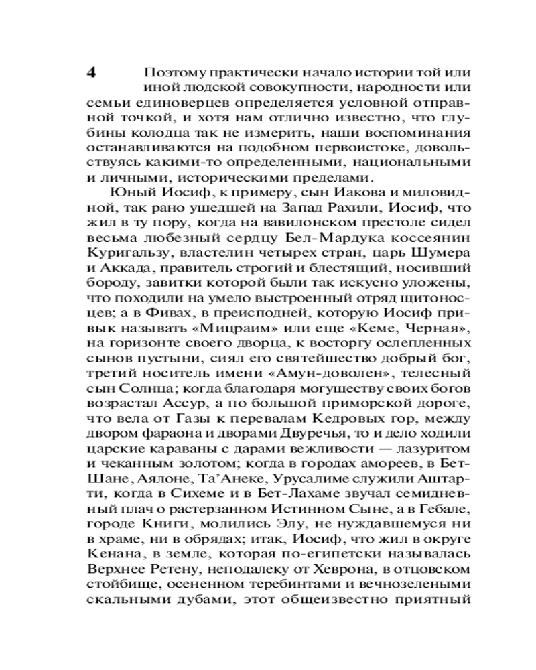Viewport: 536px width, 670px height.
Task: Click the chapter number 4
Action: pyautogui.click(x=92, y=73)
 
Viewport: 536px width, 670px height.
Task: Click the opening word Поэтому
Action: pyautogui.click(x=172, y=73)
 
